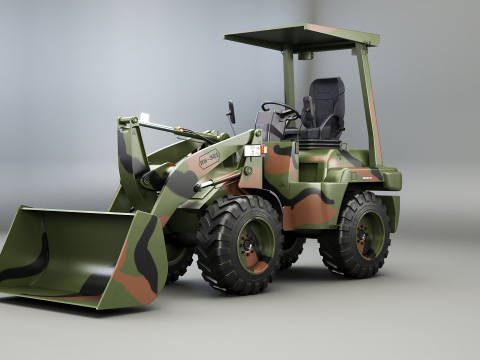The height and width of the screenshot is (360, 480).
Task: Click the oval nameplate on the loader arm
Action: (x=209, y=158)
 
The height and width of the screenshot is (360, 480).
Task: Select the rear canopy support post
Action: (x=368, y=105)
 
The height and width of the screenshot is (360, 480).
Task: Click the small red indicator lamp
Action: (x=265, y=150)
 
